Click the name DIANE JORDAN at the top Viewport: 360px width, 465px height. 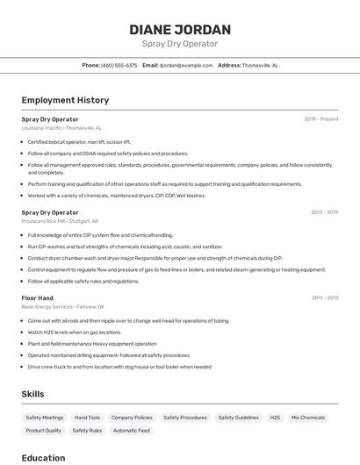click(x=180, y=29)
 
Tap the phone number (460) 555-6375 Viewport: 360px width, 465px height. click(x=119, y=65)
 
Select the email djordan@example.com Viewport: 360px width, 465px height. click(x=186, y=65)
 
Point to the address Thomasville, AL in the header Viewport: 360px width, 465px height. click(x=260, y=65)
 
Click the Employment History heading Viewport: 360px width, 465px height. click(x=65, y=100)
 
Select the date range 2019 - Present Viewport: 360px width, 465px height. click(x=321, y=118)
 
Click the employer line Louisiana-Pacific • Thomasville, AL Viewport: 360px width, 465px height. click(x=61, y=127)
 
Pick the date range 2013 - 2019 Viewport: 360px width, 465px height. click(x=324, y=212)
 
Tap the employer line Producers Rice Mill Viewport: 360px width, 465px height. click(x=60, y=221)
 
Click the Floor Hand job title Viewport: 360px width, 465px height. click(x=38, y=297)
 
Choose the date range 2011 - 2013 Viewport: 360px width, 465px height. click(x=324, y=297)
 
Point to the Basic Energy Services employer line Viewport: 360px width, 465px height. click(x=62, y=307)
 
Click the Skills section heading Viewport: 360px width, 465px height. click(x=32, y=394)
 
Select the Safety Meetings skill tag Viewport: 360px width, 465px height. click(x=45, y=418)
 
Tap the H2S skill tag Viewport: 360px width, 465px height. click(x=275, y=418)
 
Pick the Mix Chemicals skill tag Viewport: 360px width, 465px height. click(x=308, y=418)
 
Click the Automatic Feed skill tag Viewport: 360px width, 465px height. click(x=132, y=431)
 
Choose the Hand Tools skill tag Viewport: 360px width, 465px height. click(x=88, y=418)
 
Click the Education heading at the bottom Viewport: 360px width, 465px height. click(x=43, y=457)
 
